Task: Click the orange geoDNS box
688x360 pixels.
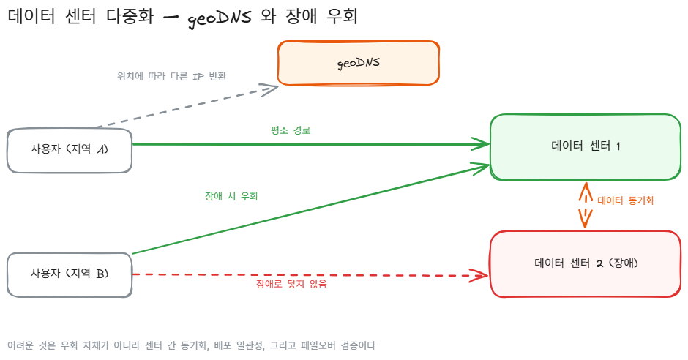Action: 359,63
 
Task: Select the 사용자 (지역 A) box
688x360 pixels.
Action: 70,151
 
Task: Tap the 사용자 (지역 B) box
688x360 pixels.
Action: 70,275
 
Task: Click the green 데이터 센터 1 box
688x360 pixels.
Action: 586,147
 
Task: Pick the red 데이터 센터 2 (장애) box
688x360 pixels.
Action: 586,264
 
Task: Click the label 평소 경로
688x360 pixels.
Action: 291,130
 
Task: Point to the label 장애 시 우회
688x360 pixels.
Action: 231,196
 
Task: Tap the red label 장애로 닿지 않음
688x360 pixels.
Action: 291,284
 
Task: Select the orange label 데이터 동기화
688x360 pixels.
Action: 626,200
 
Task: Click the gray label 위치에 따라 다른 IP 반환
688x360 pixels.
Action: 171,76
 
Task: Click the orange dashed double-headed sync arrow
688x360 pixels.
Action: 586,205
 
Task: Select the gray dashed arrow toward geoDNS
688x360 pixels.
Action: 187,107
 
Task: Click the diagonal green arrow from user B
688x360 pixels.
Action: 311,209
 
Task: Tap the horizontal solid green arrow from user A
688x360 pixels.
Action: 311,144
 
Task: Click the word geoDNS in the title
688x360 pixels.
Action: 220,18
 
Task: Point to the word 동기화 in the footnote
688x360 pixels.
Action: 193,345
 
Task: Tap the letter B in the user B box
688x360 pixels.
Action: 101,274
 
